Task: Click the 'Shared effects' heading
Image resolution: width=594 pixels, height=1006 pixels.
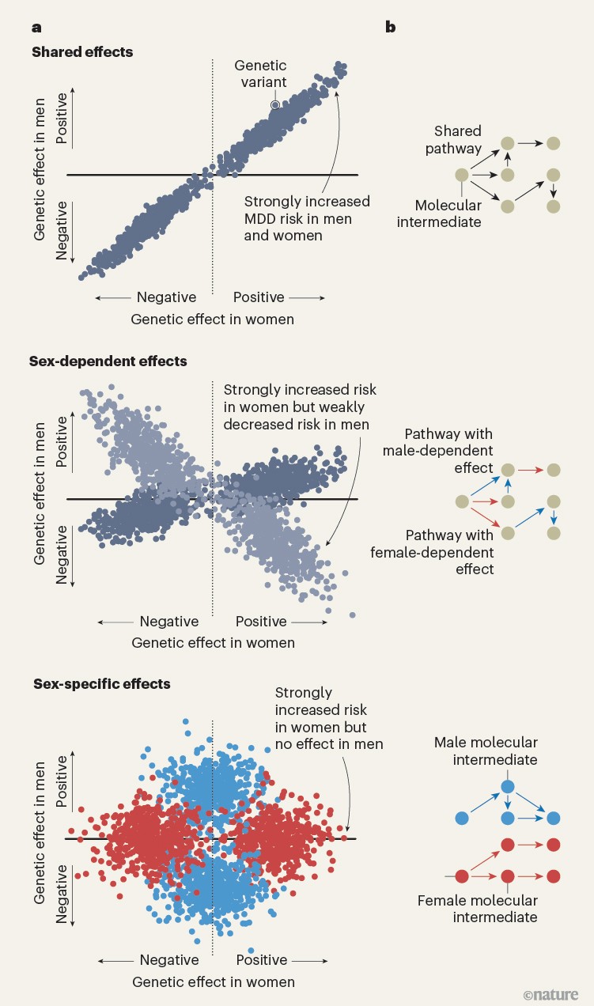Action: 82,52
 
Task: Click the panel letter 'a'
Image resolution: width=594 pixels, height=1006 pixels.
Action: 36,28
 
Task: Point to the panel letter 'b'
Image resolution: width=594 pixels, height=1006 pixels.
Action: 390,28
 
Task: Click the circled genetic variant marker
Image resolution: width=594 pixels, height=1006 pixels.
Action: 274,104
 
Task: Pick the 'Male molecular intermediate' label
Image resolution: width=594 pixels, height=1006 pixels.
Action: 486,751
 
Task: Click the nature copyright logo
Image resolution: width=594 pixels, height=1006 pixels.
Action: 550,993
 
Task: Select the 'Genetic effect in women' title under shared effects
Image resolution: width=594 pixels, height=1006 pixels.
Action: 213,320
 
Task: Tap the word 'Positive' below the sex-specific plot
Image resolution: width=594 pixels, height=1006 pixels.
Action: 262,960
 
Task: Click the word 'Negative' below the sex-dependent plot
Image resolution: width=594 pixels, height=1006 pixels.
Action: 169,622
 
